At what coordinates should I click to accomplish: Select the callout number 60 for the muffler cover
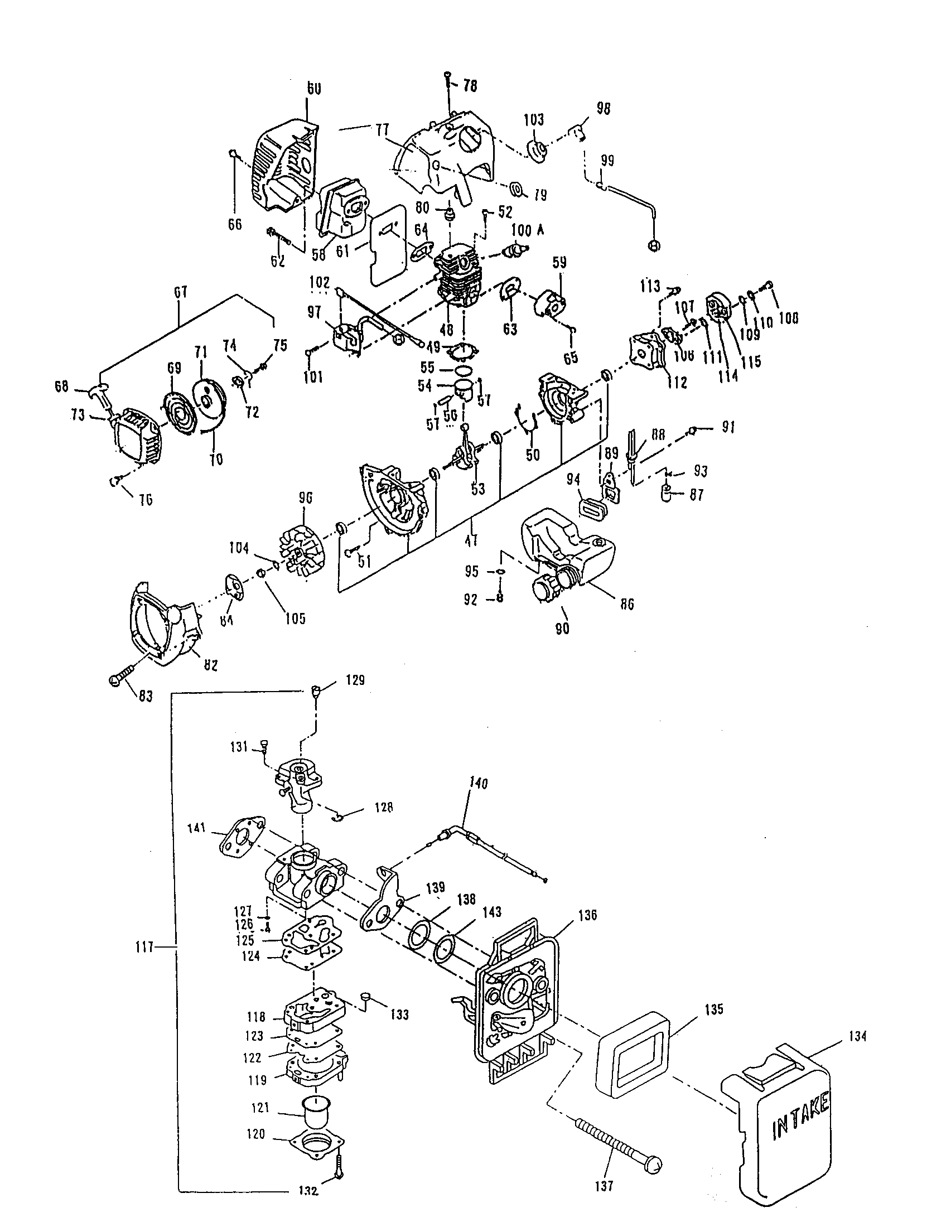coord(314,88)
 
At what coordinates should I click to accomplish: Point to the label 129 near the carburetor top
coord(355,680)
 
